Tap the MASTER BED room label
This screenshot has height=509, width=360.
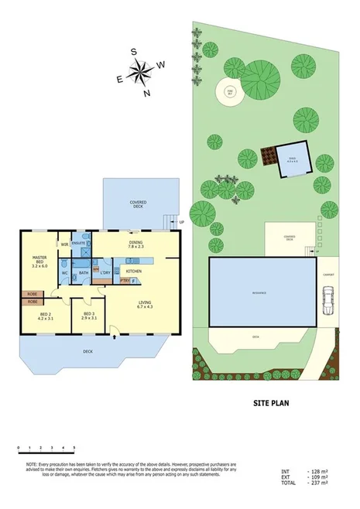click(x=40, y=261)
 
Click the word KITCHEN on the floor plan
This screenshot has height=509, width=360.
click(x=133, y=271)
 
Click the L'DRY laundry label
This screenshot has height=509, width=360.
click(x=105, y=272)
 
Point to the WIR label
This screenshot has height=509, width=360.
click(x=65, y=245)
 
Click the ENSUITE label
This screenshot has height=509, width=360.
click(x=78, y=244)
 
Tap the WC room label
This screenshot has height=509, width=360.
click(x=65, y=272)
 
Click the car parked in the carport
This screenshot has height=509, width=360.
click(x=328, y=300)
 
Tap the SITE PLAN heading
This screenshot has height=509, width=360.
click(x=271, y=403)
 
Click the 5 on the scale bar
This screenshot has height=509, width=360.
click(x=74, y=449)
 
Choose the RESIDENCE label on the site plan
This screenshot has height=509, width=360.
click(x=263, y=293)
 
